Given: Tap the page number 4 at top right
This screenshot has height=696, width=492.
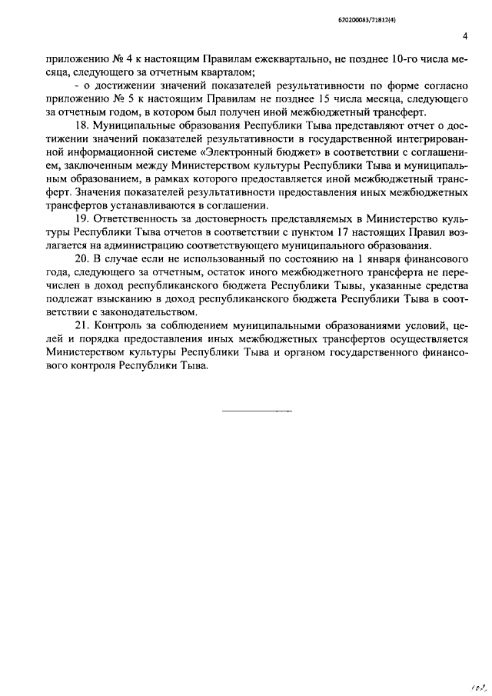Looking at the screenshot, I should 465,36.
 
